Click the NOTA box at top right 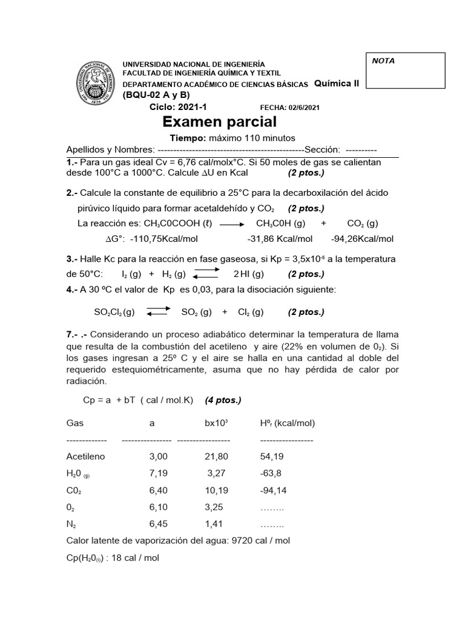tap(406, 71)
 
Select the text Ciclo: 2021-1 tap(178, 107)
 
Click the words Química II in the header tap(337, 83)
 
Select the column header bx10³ tap(216, 423)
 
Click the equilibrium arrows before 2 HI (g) tap(206, 274)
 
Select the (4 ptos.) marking tap(223, 400)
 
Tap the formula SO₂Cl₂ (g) tap(114, 312)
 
